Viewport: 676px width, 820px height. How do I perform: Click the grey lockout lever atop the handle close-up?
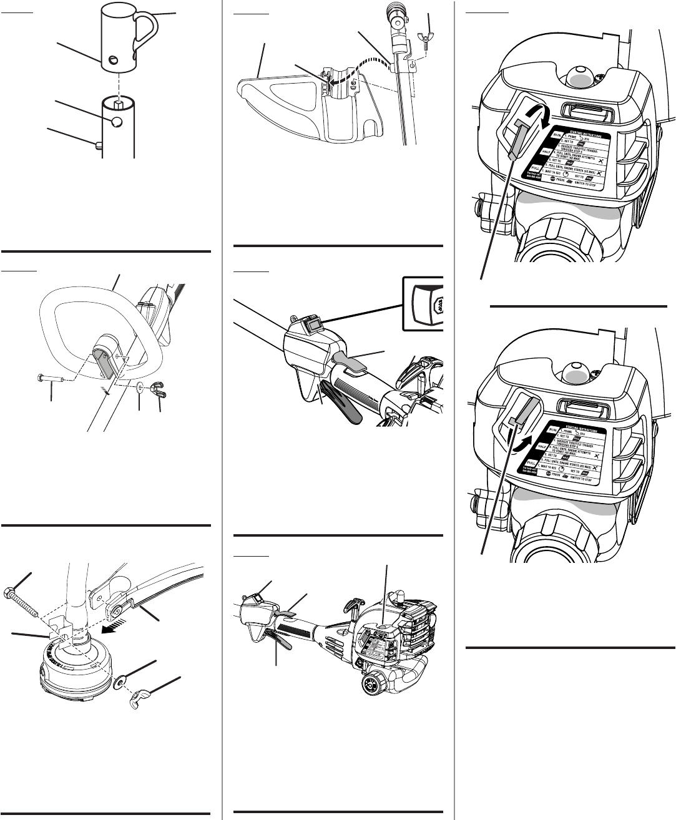353,358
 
